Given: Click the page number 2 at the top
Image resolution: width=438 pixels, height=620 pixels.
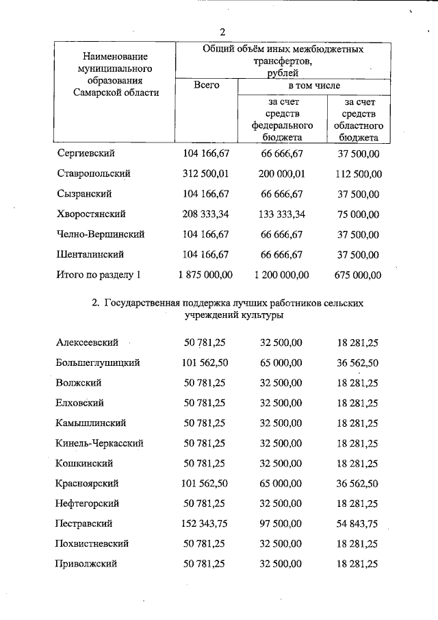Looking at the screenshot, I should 222,32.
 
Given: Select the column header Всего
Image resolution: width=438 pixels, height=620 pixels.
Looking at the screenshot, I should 206,86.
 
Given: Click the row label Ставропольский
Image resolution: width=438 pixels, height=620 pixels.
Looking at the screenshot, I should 94,173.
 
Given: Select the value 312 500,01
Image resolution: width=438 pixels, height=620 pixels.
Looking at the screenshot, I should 206,173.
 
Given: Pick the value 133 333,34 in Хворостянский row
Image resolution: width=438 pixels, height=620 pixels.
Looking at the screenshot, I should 281,214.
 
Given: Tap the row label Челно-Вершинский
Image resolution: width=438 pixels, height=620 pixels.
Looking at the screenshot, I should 101,234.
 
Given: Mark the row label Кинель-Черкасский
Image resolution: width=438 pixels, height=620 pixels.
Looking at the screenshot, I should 100,443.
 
